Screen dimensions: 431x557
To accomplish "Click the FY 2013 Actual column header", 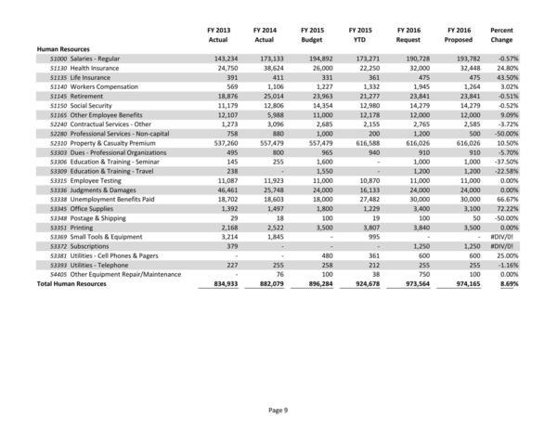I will (x=218, y=34).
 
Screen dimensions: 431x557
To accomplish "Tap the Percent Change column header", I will (x=526, y=34).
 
